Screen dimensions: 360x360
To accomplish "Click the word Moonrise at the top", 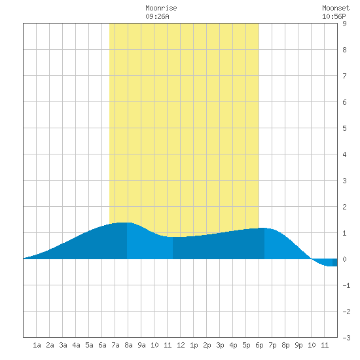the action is [161, 8].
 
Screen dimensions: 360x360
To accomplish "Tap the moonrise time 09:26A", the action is [157, 16].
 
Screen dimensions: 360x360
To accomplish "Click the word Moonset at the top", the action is [336, 8].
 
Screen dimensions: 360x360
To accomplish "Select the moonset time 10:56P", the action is [334, 16].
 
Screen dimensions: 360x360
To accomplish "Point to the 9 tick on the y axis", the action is [344, 24].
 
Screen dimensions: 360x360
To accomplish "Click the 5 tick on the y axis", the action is [344, 128].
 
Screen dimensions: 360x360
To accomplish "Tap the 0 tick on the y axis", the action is [344, 259].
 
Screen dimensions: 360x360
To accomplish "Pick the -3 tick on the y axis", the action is [346, 338].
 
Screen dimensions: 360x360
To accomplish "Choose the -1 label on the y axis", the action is [346, 285].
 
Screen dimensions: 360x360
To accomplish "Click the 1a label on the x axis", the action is [37, 345].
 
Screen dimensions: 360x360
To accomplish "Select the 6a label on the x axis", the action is [102, 345].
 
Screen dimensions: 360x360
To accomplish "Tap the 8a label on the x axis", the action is [128, 345].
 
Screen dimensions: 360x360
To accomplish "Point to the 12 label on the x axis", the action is [181, 345].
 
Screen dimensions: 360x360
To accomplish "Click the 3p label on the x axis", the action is [220, 345].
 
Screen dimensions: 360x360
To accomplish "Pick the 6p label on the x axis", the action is [259, 345].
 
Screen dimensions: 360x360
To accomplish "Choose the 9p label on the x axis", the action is [298, 345].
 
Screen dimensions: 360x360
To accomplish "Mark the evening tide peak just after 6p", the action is [264, 228].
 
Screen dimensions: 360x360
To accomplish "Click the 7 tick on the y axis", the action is [344, 76].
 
